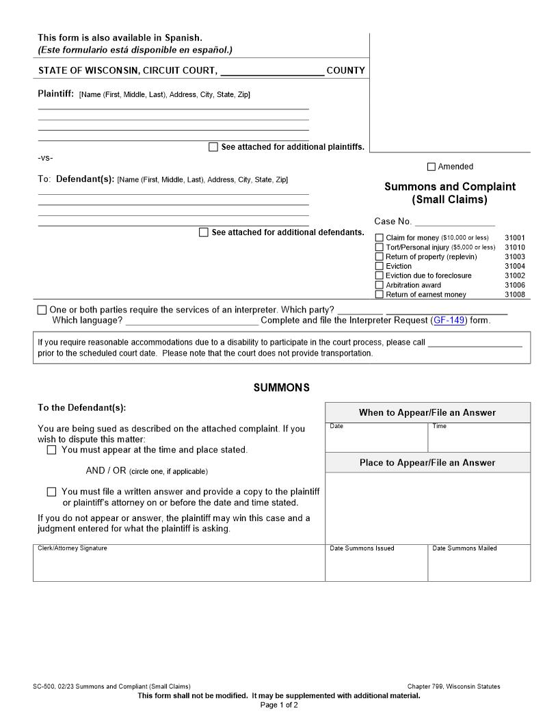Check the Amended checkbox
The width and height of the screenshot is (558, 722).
coord(431,167)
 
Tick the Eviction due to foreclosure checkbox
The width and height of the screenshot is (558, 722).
coord(380,276)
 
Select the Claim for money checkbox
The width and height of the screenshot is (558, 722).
coord(380,238)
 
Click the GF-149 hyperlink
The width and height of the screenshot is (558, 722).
coord(449,320)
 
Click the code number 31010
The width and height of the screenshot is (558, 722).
coord(515,248)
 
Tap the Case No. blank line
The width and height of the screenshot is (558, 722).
coord(454,222)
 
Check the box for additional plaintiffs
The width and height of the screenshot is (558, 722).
coord(213,147)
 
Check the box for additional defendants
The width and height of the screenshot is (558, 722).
coord(204,232)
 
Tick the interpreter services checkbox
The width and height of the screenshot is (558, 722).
coord(42,310)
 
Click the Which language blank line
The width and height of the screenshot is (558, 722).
coord(192,320)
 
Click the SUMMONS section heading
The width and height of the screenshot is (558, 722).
coord(281,388)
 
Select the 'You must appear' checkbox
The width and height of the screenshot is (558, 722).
coord(52,451)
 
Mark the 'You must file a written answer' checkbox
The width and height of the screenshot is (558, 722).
coord(52,492)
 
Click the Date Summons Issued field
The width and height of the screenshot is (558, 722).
coord(376,566)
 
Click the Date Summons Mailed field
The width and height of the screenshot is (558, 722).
coord(479,566)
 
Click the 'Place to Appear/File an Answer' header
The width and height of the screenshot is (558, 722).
coord(427,463)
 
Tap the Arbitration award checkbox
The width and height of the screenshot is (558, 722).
coord(380,285)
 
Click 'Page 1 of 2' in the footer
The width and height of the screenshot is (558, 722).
coord(279,705)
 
